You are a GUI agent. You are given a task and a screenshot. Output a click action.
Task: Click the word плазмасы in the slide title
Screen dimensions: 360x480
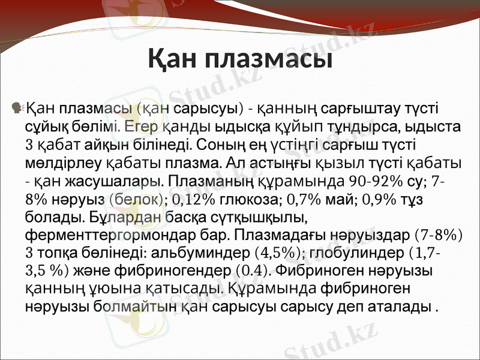269,60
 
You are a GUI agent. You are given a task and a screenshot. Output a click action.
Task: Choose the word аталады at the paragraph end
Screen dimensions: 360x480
407,307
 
